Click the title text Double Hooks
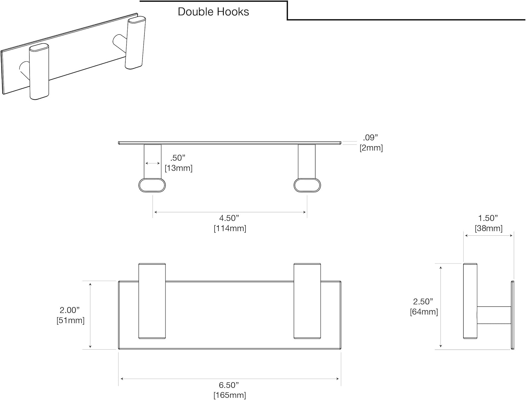(x=213, y=12)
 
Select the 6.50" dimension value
(x=229, y=385)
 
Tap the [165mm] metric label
(x=230, y=395)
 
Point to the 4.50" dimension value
(x=229, y=218)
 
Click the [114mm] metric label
(x=230, y=228)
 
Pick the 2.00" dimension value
(x=69, y=310)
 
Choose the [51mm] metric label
(x=70, y=320)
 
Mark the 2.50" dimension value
(x=423, y=301)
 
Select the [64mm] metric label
(x=424, y=311)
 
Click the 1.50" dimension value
(x=488, y=218)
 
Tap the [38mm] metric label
(x=488, y=228)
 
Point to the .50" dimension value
(x=178, y=158)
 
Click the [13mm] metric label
(x=178, y=168)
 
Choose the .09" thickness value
(x=370, y=138)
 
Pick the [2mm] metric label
(x=371, y=148)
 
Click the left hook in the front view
(x=152, y=301)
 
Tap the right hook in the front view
(x=307, y=301)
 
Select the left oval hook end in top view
(x=152, y=185)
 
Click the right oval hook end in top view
(x=307, y=185)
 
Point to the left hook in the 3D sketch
(x=39, y=72)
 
